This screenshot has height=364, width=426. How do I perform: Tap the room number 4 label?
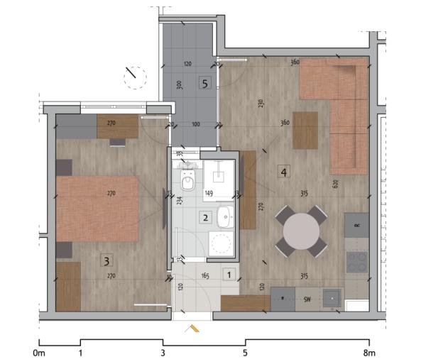283,172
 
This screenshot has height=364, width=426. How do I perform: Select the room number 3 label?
106,261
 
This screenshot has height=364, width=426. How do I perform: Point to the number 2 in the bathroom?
205,218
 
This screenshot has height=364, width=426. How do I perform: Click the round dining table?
302,231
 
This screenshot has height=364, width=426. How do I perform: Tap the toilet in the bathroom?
188,181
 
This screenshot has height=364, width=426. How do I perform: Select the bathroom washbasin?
225,216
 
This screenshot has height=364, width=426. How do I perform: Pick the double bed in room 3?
97,209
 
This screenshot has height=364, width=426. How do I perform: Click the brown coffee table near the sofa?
305,130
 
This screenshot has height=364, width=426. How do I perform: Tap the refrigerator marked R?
356,225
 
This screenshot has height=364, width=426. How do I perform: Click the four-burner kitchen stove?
356,262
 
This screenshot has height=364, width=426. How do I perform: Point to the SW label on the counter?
307,299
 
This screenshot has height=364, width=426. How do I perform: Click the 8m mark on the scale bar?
369,352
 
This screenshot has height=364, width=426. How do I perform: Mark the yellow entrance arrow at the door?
192,329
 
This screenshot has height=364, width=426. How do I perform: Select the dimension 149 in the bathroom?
209,192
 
